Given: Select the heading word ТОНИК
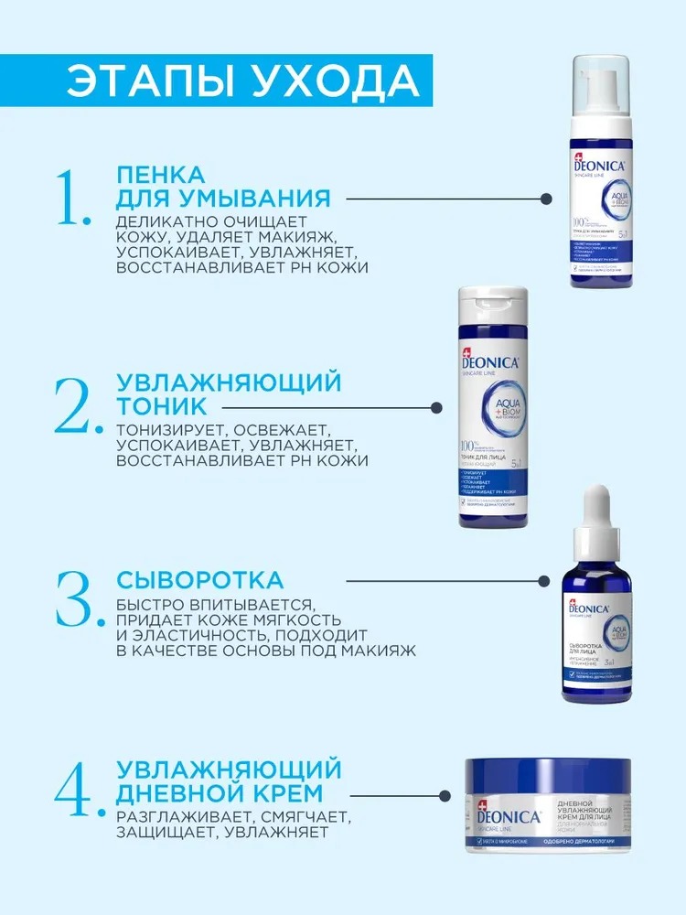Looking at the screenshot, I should pos(162,405).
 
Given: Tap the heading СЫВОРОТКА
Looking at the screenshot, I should pos(199,580).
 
